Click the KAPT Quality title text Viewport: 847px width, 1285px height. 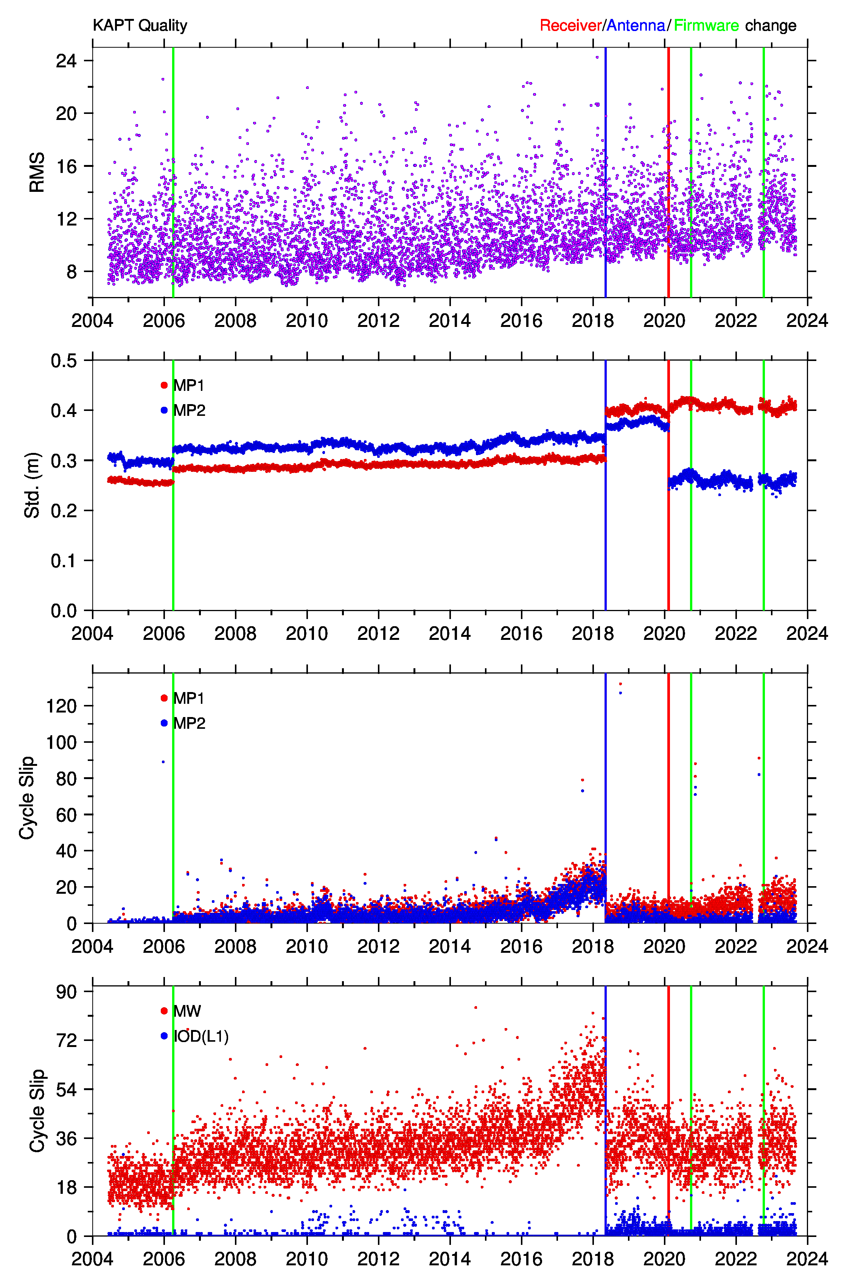tap(140, 25)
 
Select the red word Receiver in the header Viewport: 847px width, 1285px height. tap(570, 25)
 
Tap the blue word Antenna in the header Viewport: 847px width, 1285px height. tap(636, 25)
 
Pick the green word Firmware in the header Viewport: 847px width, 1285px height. tap(706, 25)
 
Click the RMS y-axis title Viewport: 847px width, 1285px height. tap(37, 172)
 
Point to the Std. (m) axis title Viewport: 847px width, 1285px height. tap(33, 485)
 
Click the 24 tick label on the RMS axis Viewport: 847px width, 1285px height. tap(67, 61)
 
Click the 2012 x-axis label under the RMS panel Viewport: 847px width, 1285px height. tap(378, 320)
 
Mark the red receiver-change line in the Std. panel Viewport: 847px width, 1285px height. tap(668, 485)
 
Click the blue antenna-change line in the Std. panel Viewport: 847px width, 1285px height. tap(606, 485)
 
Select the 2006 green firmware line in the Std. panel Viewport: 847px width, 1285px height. tap(173, 485)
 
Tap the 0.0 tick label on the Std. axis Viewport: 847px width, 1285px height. tap(64, 611)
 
